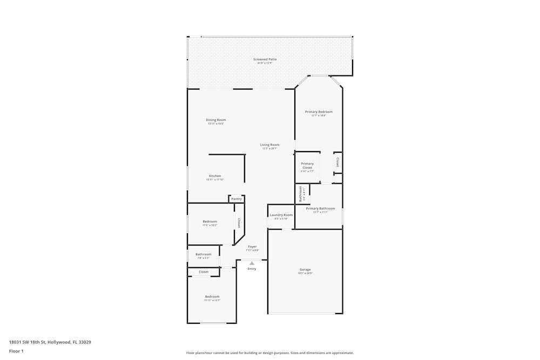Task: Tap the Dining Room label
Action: coord(215,120)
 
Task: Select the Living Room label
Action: coord(269,145)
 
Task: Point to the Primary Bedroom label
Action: coord(319,112)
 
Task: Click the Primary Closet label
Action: coord(307,166)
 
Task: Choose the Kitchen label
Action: coord(215,176)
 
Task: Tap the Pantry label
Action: coord(237,199)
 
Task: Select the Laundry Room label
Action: coord(281,215)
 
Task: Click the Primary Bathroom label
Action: coord(320,208)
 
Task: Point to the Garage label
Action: coord(305,269)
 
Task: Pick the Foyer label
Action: coord(252,247)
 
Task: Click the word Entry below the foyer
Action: coord(252,269)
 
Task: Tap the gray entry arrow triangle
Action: coord(252,263)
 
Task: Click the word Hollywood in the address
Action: coord(60,342)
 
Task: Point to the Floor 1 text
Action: coord(16,351)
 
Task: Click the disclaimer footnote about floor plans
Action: coord(270,353)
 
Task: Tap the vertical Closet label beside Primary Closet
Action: coord(337,162)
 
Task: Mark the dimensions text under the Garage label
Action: coord(305,274)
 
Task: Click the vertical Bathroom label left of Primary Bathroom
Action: coord(301,194)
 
